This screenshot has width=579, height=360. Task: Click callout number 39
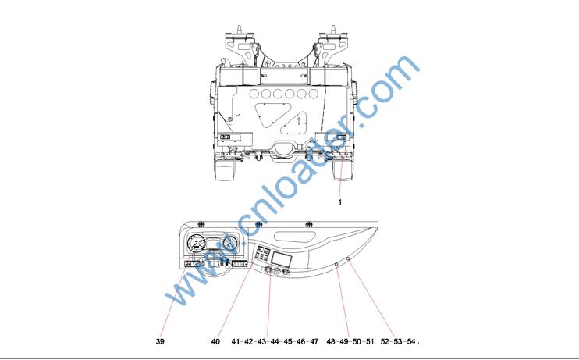tap(160, 341)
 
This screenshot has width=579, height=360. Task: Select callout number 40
tap(215, 341)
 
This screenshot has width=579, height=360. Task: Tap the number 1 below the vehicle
tap(340, 202)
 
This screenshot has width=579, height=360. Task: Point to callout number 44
tap(275, 341)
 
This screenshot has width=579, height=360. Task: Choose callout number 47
tap(314, 341)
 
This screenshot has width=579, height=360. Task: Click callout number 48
tap(331, 341)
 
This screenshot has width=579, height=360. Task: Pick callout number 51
tap(370, 341)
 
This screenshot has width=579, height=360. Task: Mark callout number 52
tap(385, 341)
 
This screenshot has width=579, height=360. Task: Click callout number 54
tap(411, 341)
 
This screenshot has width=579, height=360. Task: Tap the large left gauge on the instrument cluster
tap(197, 244)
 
